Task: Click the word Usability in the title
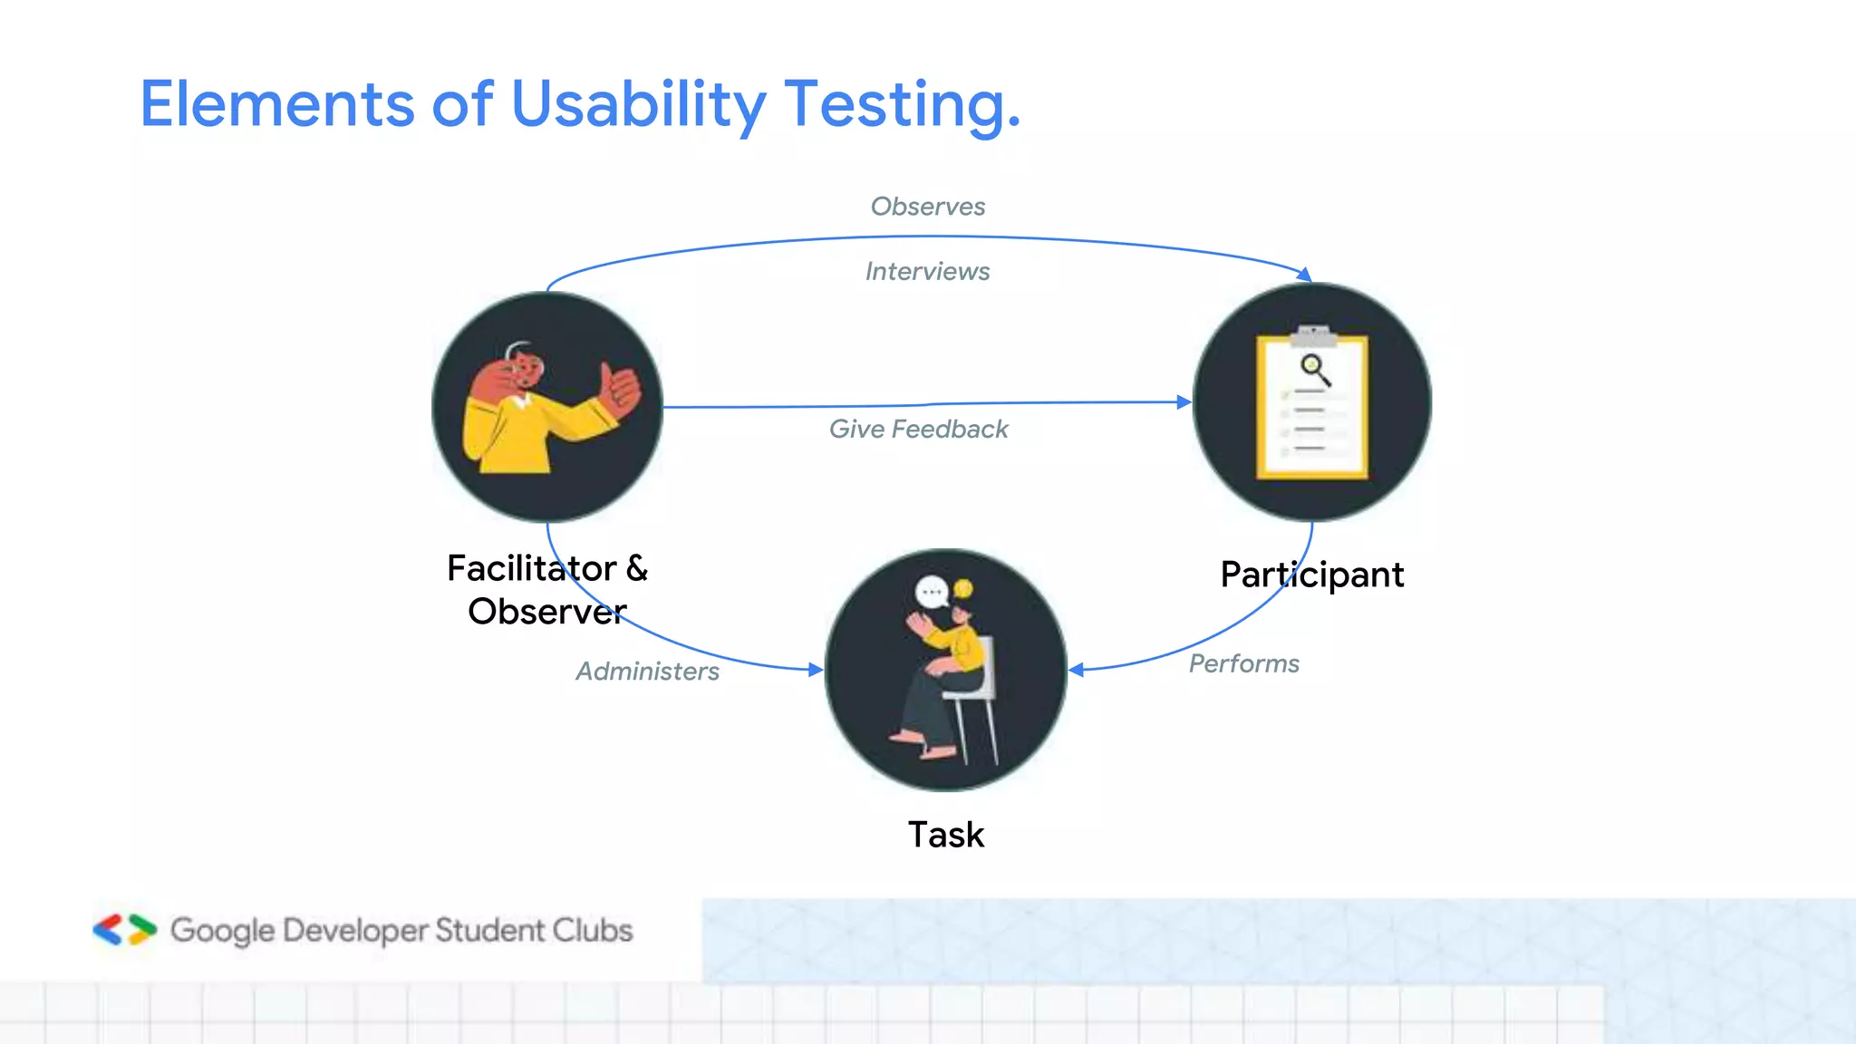click(638, 104)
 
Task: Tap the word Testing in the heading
click(901, 104)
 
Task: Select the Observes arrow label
click(927, 207)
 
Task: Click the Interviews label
click(927, 271)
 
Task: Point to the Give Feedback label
click(918, 429)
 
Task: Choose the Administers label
click(647, 672)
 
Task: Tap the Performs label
click(1243, 663)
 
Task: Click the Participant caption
click(1311, 575)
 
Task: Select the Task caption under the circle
click(946, 835)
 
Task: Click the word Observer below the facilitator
click(546, 612)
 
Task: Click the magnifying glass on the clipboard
click(1315, 370)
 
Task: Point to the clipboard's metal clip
click(1313, 335)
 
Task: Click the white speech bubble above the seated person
click(932, 593)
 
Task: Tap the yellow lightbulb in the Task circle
click(963, 589)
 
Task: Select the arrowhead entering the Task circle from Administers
click(817, 670)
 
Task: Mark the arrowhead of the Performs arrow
click(1076, 670)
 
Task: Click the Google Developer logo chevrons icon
click(124, 930)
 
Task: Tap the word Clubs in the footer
click(593, 931)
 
